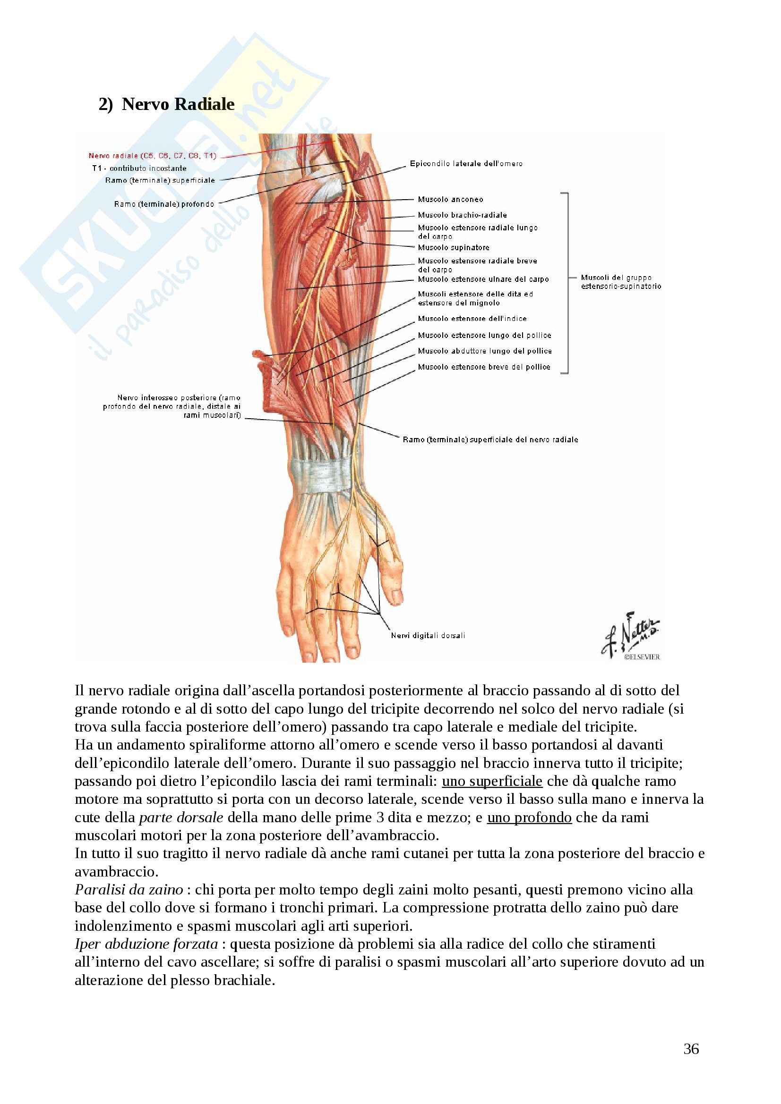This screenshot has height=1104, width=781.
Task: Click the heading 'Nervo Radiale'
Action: (178, 104)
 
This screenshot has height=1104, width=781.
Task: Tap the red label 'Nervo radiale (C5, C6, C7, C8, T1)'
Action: (153, 156)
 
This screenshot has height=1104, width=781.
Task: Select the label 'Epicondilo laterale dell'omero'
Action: (466, 164)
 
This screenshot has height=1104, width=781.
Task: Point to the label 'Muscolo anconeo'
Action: (450, 200)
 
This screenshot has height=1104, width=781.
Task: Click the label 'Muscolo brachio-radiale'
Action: (462, 215)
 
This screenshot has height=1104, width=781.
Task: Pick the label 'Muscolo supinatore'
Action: (453, 248)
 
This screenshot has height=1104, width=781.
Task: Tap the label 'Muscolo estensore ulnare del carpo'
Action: (483, 279)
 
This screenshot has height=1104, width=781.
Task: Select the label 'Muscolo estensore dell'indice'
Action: (472, 319)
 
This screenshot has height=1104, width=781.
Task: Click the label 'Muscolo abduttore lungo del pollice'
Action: (485, 351)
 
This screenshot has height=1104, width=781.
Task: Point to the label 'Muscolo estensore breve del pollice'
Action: (484, 367)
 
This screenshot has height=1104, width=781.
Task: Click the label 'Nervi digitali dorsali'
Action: (428, 636)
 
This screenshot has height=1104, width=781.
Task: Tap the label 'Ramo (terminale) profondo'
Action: (164, 204)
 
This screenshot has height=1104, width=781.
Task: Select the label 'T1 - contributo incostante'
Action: (139, 169)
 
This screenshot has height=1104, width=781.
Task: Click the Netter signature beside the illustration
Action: (630, 635)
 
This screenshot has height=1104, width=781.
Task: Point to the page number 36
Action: (691, 1049)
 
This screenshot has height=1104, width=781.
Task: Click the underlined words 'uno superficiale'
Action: (492, 781)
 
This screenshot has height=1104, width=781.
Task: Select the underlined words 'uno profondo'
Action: (529, 817)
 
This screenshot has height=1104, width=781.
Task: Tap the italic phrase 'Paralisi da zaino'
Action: (129, 890)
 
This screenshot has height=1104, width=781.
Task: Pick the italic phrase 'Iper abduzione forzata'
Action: (146, 944)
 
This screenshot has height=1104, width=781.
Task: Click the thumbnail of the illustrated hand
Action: (337, 577)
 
